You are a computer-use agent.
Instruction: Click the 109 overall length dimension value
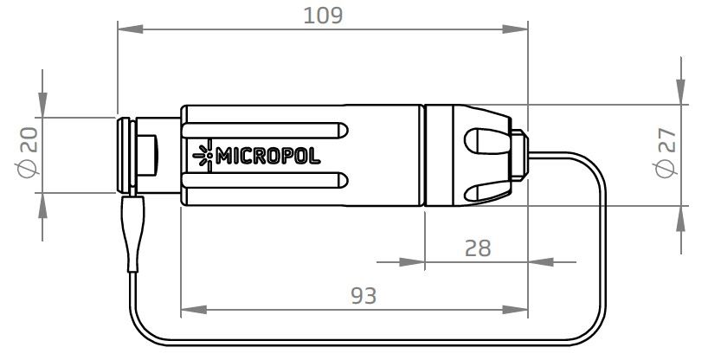tap(323, 15)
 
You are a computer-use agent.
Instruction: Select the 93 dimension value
tap(364, 295)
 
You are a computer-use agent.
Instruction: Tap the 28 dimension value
tap(477, 248)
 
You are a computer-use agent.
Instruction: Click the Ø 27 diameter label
tap(666, 155)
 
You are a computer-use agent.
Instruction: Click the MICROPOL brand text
tap(267, 157)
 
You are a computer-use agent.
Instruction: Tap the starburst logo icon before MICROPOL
tap(204, 156)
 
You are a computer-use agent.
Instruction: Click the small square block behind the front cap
tap(149, 156)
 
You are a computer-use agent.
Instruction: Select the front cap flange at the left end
tap(123, 155)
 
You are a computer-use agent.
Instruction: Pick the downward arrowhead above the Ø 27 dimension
tap(680, 93)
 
